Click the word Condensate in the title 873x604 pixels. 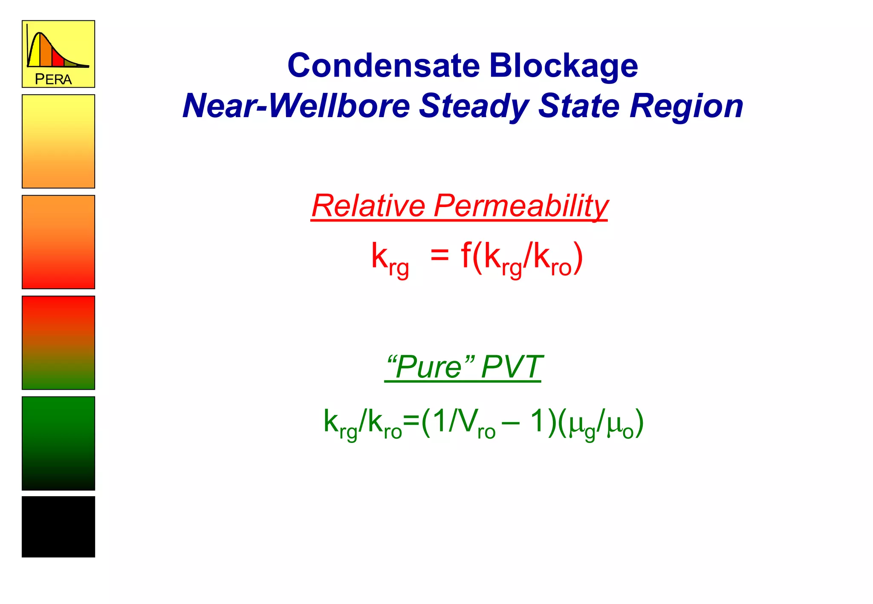coord(383,66)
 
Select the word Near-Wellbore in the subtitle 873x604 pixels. coord(296,106)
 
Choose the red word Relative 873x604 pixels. coord(368,206)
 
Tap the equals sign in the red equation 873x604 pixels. coord(439,256)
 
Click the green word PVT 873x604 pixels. coord(511,367)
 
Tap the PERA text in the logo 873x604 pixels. coord(53,79)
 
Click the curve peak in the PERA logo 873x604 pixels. coord(40,33)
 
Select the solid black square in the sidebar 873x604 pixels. coord(58,526)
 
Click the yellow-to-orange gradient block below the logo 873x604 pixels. coord(58,141)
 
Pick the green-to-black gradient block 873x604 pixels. coord(58,443)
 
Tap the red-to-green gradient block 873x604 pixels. coord(58,342)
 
